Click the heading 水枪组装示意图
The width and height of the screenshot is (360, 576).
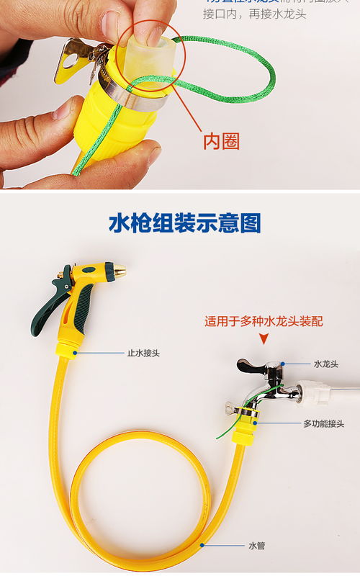tap(184, 223)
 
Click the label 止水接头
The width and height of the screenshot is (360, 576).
tap(143, 353)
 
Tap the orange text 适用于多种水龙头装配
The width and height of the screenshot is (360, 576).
tap(264, 321)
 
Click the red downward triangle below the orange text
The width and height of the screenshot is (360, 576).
tap(264, 338)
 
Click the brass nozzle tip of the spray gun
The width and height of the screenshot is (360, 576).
tap(119, 271)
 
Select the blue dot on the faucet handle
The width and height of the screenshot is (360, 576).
tap(283, 364)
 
